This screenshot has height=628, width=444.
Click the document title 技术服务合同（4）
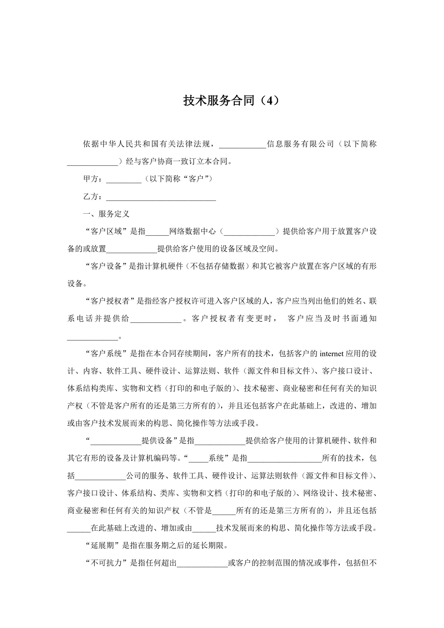232,101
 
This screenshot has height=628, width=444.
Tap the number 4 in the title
270,101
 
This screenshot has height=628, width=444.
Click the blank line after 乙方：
161,197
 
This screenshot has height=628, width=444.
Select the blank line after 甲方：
124,179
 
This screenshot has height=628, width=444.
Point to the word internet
331,354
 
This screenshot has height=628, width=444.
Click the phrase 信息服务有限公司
300,144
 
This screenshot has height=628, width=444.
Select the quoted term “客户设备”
106,266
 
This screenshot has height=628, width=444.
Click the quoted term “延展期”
102,546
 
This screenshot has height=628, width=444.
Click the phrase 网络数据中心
193,231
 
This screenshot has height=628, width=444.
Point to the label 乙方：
93,197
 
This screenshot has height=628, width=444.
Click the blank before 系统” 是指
198,459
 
